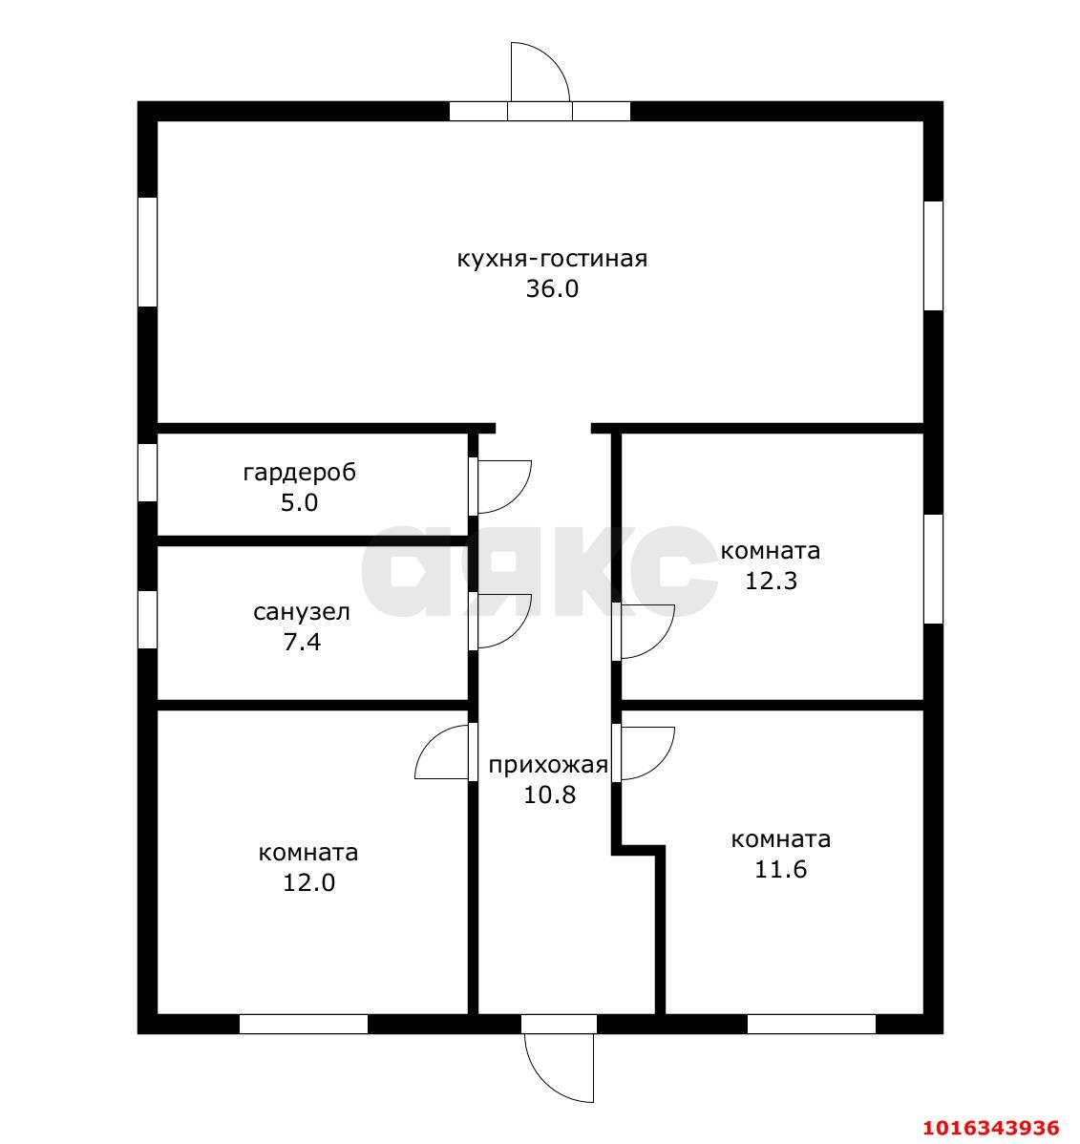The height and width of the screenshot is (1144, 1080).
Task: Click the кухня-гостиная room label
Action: [x=552, y=259]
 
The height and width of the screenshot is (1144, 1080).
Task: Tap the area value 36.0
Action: [x=552, y=289]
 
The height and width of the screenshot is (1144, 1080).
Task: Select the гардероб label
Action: [x=299, y=473]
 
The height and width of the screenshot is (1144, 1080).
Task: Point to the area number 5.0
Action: [x=299, y=502]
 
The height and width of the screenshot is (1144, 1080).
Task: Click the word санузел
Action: [x=302, y=612]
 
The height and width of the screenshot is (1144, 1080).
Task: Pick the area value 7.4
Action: [x=302, y=642]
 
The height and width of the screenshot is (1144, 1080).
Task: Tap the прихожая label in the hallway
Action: [x=548, y=765]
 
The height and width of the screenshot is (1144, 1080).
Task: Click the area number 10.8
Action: [x=549, y=794]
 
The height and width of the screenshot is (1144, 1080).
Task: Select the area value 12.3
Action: [x=771, y=581]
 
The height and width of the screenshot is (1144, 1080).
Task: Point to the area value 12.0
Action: [x=308, y=882]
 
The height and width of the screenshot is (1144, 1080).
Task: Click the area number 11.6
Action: [x=780, y=870]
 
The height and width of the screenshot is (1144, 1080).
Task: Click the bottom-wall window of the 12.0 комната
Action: [x=304, y=1024]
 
